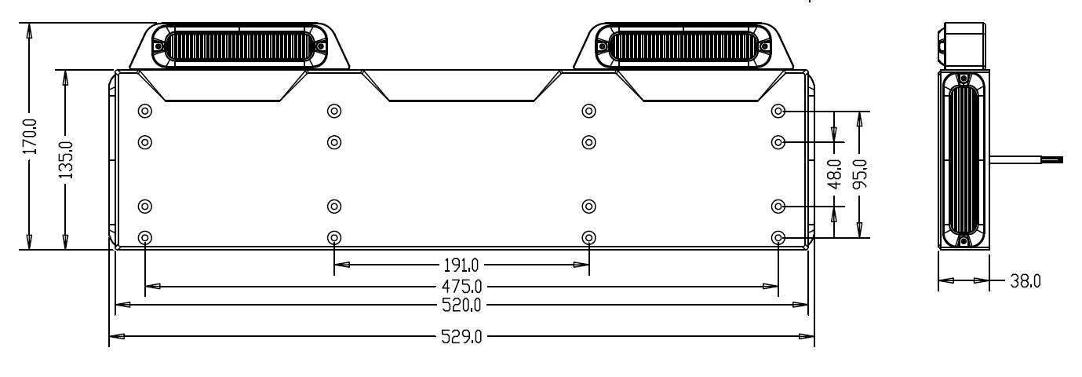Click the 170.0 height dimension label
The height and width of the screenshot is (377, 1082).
click(30, 137)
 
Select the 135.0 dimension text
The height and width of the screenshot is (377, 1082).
click(66, 160)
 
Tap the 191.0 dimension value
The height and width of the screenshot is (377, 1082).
click(461, 265)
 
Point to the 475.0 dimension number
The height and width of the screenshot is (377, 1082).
click(462, 287)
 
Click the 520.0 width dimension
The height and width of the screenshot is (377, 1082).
click(461, 305)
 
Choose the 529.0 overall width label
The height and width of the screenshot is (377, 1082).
click(461, 337)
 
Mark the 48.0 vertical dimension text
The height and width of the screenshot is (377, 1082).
click(834, 174)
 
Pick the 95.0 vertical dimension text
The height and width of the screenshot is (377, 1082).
click(859, 174)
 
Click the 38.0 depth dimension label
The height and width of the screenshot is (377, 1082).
click(1025, 281)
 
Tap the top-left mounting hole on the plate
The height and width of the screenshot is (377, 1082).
click(145, 112)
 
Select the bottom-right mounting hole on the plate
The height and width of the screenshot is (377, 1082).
click(778, 238)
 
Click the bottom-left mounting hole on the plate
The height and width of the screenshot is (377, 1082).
click(145, 238)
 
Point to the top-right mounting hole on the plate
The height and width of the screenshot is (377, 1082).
click(778, 112)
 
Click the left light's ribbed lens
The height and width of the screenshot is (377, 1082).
click(238, 46)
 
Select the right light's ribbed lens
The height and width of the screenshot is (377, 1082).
click(683, 46)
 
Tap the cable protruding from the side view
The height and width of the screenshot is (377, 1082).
click(1026, 160)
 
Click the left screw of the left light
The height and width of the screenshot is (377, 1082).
click(158, 46)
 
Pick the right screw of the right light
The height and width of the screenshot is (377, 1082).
click(763, 46)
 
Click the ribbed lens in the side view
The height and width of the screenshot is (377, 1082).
click(964, 161)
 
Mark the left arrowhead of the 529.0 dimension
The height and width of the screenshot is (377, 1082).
click(117, 336)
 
